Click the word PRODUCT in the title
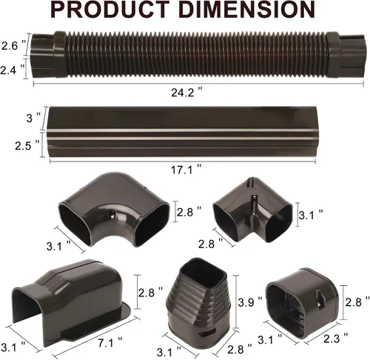[110, 10]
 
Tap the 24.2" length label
[186, 93]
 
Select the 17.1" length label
[186, 170]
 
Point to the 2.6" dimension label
[13, 46]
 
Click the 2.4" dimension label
[13, 70]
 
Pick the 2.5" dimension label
[27, 146]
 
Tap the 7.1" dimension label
[110, 343]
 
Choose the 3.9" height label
[250, 302]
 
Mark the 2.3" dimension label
[335, 339]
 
